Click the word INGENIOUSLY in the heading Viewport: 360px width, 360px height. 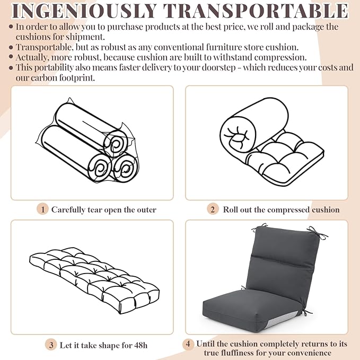tap(84, 11)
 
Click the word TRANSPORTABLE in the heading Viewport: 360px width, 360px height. tap(256, 11)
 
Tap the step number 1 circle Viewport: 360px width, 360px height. tap(42, 209)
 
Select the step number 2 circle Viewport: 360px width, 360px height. tap(213, 209)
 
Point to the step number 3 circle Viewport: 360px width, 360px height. tap(51, 345)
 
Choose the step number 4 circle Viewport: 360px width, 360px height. tap(188, 344)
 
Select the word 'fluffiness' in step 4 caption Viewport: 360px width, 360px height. tap(237, 353)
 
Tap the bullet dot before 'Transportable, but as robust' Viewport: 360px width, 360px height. tap(11, 47)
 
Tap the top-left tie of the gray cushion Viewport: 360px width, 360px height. tap(259, 227)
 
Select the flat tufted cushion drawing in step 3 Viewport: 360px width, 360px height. tap(94, 280)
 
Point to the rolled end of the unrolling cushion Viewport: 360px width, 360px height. tap(238, 135)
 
